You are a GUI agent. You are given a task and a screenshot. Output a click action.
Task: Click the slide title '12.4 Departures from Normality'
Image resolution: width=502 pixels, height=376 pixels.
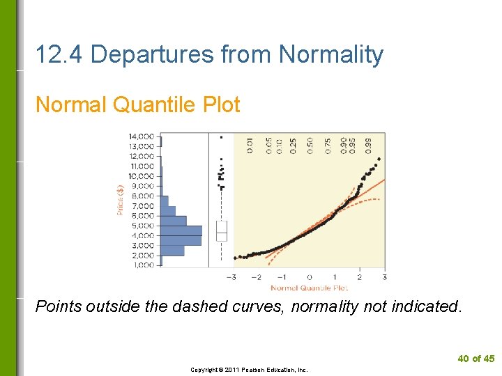click(x=209, y=54)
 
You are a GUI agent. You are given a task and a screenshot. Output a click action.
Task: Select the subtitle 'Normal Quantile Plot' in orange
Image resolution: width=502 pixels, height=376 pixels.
click(x=137, y=105)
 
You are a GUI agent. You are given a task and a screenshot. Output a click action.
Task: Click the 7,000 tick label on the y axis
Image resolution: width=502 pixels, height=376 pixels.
click(x=143, y=206)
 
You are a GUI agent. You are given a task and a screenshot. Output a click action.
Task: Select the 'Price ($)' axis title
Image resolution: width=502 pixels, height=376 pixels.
click(x=120, y=199)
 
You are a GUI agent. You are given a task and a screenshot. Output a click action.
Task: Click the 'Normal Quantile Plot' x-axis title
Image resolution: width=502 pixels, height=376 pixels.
click(x=309, y=288)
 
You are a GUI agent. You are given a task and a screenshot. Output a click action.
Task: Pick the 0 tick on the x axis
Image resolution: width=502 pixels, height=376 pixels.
click(x=310, y=277)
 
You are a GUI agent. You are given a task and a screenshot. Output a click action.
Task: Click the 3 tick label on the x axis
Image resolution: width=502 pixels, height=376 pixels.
click(x=384, y=277)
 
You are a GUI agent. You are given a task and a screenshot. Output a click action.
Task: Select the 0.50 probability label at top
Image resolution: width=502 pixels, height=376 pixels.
click(x=310, y=145)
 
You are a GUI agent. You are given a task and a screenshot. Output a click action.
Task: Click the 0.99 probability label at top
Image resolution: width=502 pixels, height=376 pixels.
click(x=369, y=145)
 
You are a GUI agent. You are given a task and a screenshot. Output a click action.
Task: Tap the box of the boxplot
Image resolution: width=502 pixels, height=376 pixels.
click(x=222, y=230)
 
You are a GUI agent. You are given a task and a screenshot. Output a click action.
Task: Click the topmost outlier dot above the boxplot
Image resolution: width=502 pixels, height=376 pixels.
click(x=222, y=137)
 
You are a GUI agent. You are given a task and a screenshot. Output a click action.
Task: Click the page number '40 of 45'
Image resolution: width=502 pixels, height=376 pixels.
click(x=476, y=359)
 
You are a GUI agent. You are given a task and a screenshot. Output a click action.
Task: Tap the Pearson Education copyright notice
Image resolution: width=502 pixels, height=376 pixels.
click(x=249, y=370)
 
